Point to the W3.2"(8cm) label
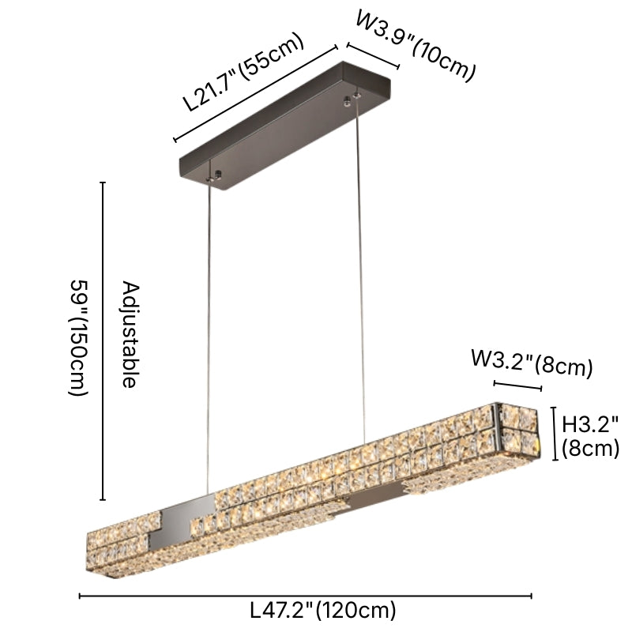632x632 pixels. (x=531, y=363)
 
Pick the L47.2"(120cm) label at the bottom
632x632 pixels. (x=322, y=610)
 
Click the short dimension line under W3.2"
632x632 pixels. (x=518, y=386)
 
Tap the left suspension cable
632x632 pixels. (x=209, y=332)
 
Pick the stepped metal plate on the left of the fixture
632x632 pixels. (x=177, y=521)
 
